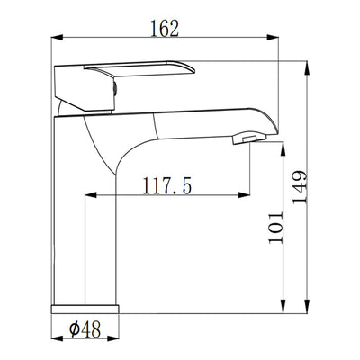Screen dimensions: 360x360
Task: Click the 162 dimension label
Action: point(165,29)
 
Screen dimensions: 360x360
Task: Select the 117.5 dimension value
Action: point(166,186)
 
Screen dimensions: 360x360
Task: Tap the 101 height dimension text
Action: point(275,228)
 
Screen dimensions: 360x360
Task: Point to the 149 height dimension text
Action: point(300,187)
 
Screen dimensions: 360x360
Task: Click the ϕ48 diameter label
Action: point(85,329)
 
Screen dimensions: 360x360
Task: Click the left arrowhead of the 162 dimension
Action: point(57,38)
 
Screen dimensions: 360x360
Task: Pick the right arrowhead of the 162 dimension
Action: point(273,38)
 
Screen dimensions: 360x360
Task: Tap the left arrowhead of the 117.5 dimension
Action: point(91,195)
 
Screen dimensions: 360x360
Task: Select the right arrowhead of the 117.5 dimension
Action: point(244,195)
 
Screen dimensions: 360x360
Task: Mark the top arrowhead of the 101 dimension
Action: point(283,148)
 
